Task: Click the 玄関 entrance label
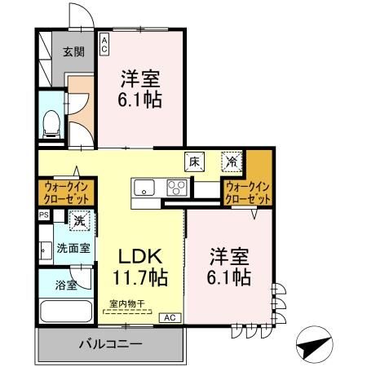point(73,52)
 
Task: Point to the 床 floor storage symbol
point(194,161)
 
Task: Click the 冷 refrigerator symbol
point(233,161)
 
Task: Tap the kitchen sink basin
point(145,188)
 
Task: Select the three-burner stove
point(176,188)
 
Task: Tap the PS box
point(43,214)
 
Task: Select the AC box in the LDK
point(169,316)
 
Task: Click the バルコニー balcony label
point(110,344)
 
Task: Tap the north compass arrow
point(315,345)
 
